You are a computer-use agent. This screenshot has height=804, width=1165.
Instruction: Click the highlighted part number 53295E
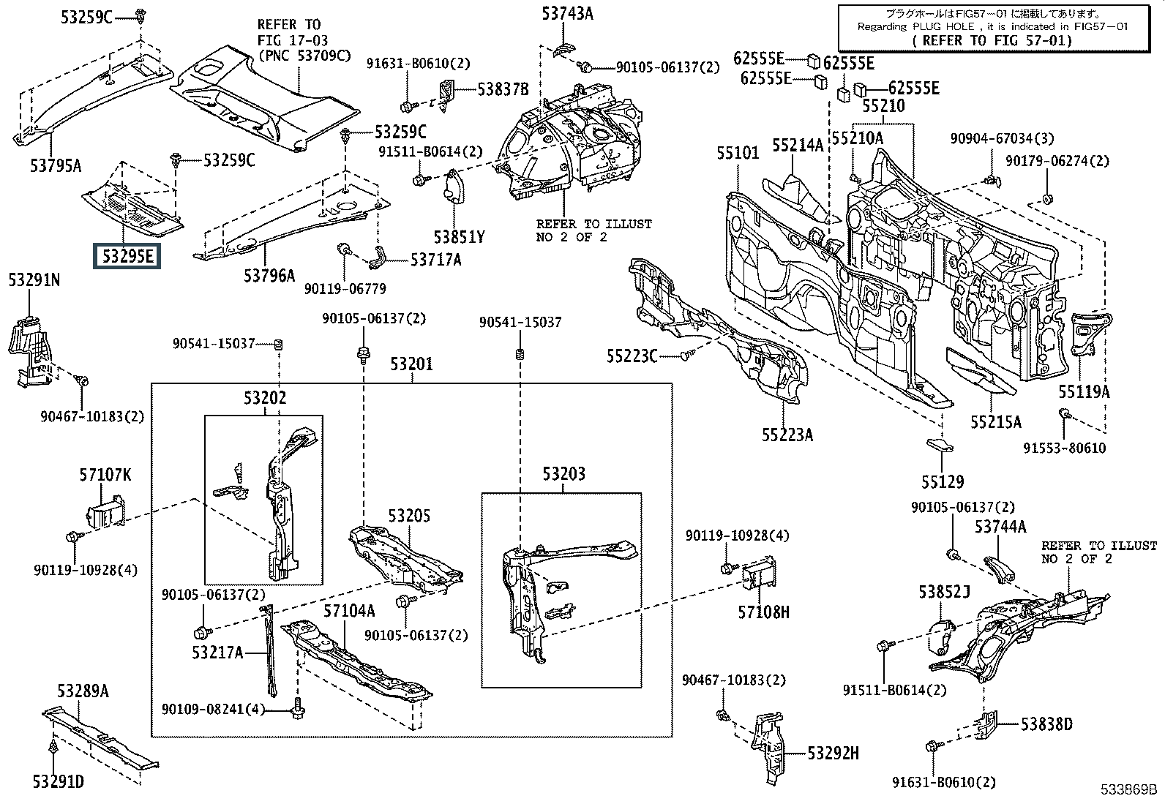tap(127, 256)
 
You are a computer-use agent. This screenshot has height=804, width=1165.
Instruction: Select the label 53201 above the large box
tap(411, 364)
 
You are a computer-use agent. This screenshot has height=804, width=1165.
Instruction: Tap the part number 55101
tap(738, 153)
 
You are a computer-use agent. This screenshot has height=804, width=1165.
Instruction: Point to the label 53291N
tap(34, 279)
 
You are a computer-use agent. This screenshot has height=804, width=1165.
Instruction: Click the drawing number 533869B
tap(1128, 789)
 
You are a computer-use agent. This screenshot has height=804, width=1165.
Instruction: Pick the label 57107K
tap(105, 474)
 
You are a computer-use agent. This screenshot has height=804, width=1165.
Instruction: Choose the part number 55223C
tap(632, 356)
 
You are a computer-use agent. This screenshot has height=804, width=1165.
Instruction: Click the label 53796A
tap(269, 275)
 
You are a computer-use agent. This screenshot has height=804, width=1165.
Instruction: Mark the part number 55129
tap(943, 481)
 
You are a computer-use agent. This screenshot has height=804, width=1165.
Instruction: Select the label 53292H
tap(834, 753)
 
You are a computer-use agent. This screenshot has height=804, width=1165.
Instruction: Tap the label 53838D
tap(1046, 724)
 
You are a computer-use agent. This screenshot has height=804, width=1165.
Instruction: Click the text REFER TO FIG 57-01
tap(992, 40)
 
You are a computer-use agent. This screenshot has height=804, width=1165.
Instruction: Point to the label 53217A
tap(217, 652)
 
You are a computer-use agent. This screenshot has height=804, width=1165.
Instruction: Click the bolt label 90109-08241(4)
tap(213, 709)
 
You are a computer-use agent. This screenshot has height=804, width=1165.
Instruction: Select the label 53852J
tap(944, 592)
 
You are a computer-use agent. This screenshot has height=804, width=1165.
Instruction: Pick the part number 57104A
tap(349, 611)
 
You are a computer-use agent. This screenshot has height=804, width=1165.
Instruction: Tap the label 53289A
tap(83, 691)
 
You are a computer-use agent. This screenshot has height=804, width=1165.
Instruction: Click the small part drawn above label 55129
tap(940, 446)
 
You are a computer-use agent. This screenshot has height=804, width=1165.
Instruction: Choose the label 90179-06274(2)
tap(1057, 161)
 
